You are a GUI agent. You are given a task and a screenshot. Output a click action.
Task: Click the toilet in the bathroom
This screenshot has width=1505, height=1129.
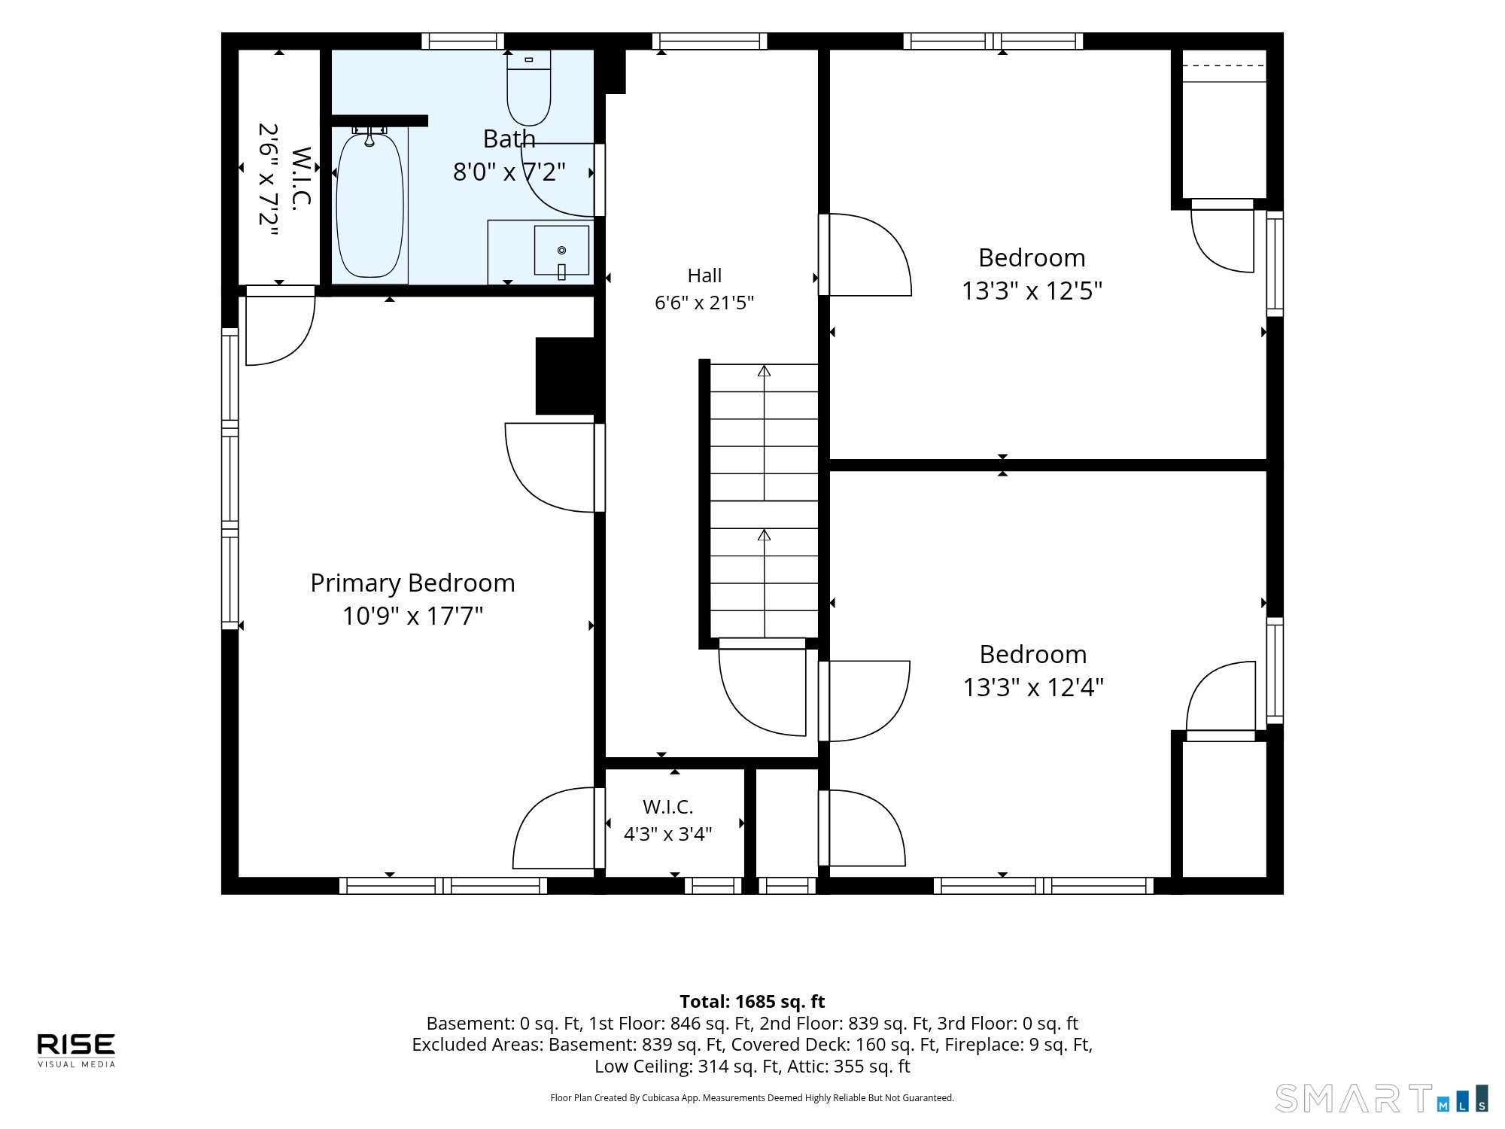pyautogui.click(x=529, y=87)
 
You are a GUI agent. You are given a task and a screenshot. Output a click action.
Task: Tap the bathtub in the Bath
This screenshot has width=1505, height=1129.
pyautogui.click(x=369, y=205)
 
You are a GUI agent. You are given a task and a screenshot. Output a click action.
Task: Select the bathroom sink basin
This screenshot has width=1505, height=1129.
pyautogui.click(x=561, y=251)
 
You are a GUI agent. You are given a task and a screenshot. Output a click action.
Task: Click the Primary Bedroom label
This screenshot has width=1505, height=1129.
pyautogui.click(x=412, y=583)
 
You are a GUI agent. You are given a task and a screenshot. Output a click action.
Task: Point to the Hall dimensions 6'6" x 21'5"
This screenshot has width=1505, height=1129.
pyautogui.click(x=704, y=303)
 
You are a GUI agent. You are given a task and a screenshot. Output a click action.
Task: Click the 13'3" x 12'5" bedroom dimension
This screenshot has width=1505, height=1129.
pyautogui.click(x=1032, y=291)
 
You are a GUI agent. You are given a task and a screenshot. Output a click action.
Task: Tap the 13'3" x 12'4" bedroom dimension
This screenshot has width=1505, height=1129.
pyautogui.click(x=1033, y=687)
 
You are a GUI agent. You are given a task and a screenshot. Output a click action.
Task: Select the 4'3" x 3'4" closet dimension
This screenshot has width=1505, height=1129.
pyautogui.click(x=668, y=834)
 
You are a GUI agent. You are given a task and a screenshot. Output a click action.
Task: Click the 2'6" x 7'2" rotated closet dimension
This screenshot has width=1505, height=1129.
pyautogui.click(x=269, y=179)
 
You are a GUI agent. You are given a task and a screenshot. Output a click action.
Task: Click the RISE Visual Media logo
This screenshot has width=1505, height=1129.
pyautogui.click(x=77, y=1050)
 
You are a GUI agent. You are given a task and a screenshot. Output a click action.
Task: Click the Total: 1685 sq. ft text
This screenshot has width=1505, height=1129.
pyautogui.click(x=752, y=1002)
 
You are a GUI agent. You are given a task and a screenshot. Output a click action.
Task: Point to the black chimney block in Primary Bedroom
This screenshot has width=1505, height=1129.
pyautogui.click(x=566, y=376)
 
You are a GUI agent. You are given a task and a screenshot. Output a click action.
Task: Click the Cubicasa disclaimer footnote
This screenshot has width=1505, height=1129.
pyautogui.click(x=752, y=1098)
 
